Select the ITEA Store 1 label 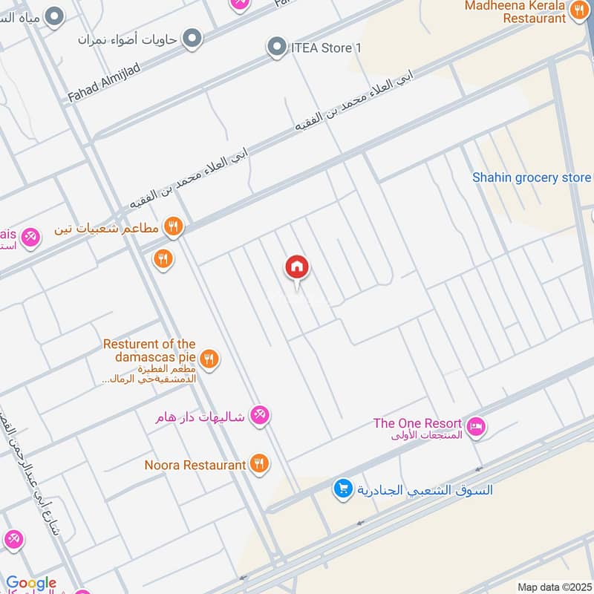(325, 48)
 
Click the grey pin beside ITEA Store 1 (277, 48)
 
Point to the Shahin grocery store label (532, 177)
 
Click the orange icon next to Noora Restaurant (259, 464)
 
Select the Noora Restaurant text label (195, 465)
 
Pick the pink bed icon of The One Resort (477, 425)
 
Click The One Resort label (417, 424)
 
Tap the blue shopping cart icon (342, 489)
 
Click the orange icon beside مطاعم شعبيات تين (174, 226)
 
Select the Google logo (31, 584)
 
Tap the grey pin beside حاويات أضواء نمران (192, 38)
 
